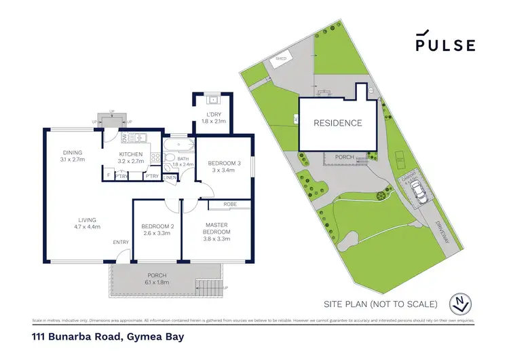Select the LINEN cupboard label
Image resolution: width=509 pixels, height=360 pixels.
pyautogui.click(x=170, y=178)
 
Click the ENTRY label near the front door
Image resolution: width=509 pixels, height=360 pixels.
pyautogui.click(x=121, y=242)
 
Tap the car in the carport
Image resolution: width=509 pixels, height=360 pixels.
pyautogui.click(x=420, y=194)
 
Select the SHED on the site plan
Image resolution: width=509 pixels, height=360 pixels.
pyautogui.click(x=281, y=60)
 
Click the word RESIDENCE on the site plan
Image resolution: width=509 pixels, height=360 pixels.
pyautogui.click(x=337, y=124)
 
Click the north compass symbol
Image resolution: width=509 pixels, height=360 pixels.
pyautogui.click(x=461, y=304)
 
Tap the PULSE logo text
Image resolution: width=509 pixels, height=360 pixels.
pyautogui.click(x=445, y=45)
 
